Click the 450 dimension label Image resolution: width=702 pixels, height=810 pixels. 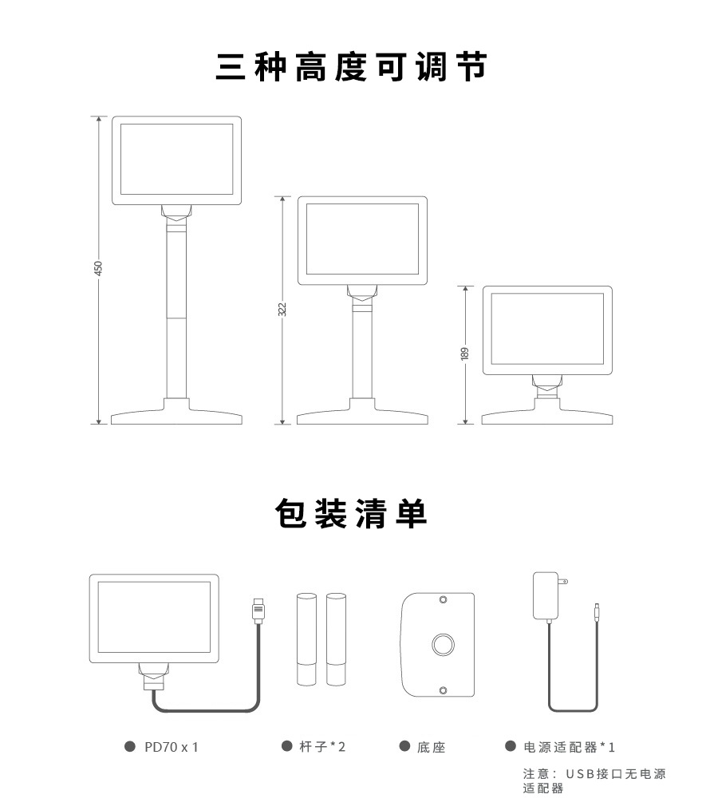coord(99,269)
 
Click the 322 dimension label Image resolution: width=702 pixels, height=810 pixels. coord(282,309)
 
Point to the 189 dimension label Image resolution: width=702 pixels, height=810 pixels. coord(465,353)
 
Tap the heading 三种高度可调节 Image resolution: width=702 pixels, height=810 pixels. coord(351,67)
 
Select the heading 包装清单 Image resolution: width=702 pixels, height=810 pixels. coord(351,513)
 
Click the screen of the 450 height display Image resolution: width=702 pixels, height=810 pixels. coord(176,161)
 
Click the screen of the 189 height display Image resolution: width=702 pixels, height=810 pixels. coord(546,327)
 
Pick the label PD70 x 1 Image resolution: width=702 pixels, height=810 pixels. coord(171,747)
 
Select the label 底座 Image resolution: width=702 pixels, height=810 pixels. coord(431,747)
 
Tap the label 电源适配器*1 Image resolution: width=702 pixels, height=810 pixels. coord(569,747)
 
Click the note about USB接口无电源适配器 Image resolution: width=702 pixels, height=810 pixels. coord(594,780)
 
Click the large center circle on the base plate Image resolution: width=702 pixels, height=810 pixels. coord(443,644)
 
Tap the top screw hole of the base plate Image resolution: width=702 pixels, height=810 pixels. coord(444,599)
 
